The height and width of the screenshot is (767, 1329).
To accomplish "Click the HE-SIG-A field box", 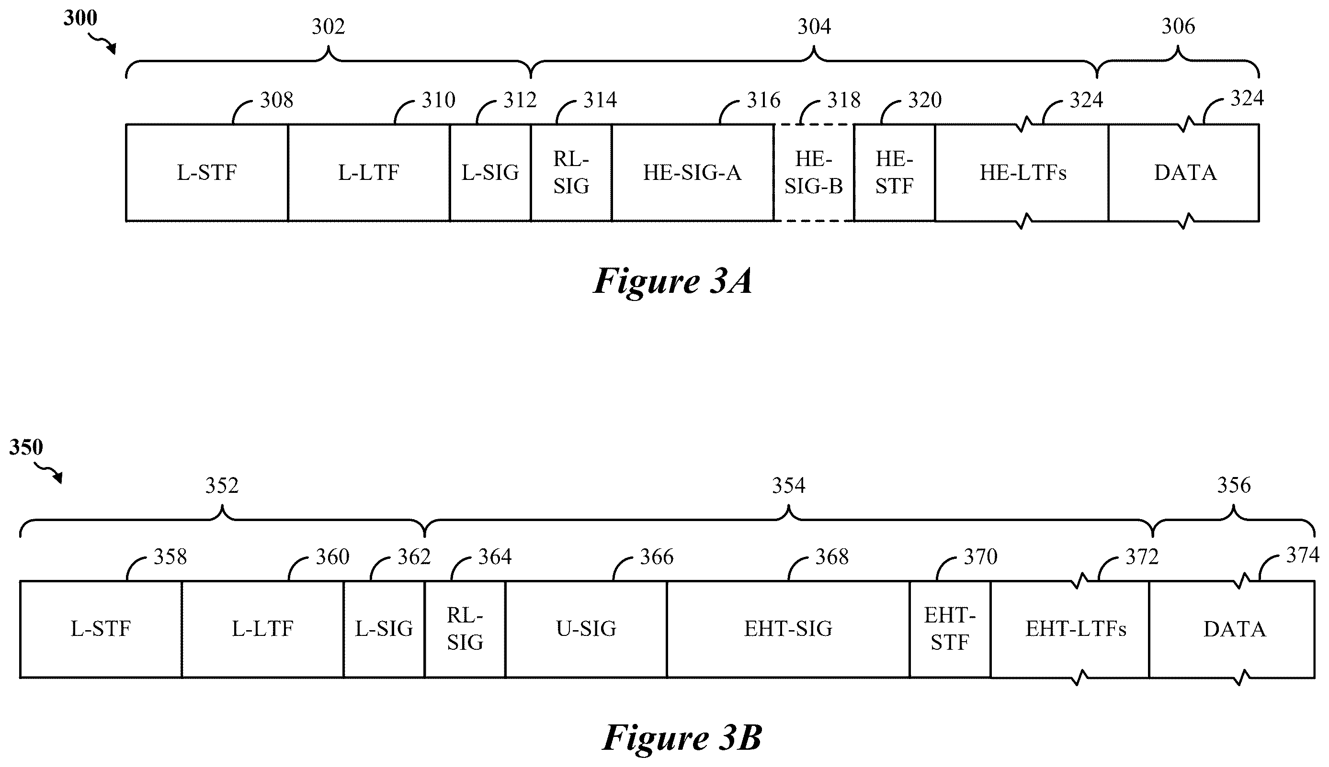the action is [x=692, y=173].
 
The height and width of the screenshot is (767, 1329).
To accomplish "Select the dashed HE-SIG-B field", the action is [x=813, y=173].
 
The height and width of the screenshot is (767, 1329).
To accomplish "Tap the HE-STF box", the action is [x=894, y=173].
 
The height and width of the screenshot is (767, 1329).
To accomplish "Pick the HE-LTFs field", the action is [x=1022, y=173].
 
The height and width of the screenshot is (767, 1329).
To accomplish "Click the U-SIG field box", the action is [x=586, y=629].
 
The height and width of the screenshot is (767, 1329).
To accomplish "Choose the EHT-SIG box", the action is [x=788, y=629].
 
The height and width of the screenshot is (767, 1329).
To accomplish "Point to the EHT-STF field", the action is [x=950, y=629].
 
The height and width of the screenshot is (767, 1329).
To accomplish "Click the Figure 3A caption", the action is [x=673, y=281].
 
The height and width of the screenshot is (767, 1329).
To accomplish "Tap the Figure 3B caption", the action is [x=682, y=737].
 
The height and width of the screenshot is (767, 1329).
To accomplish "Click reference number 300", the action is [x=80, y=18].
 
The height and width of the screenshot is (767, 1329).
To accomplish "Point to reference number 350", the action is [x=26, y=447].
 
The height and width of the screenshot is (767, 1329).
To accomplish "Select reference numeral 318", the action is [x=843, y=100].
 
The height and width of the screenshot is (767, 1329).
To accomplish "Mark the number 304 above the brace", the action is [x=814, y=26].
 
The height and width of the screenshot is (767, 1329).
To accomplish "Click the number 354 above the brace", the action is [x=789, y=485].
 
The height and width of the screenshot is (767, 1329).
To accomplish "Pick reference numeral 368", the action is [x=832, y=557].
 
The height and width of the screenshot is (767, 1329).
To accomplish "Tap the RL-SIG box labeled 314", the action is [x=571, y=173].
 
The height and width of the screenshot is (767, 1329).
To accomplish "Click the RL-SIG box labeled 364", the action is [x=465, y=629].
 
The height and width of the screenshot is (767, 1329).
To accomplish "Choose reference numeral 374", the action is [x=1303, y=555].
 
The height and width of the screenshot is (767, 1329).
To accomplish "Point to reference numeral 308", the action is [x=276, y=100].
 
